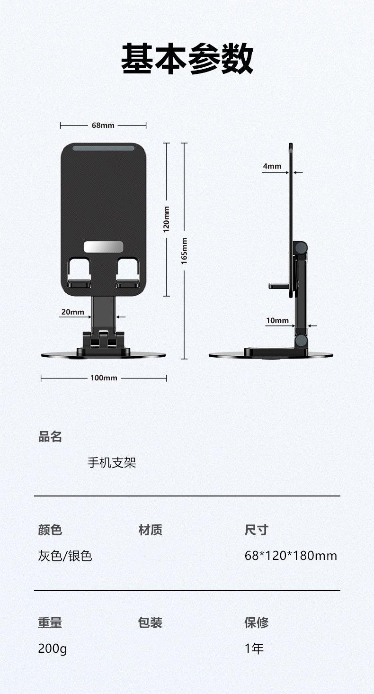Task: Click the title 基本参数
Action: coord(187,59)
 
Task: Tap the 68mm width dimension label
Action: coord(103,125)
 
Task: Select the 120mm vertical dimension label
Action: coord(166,219)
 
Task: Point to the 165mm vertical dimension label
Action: coord(184,251)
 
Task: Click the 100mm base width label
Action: coord(104,378)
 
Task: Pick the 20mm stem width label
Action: coord(72,312)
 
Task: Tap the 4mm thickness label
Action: coord(272,166)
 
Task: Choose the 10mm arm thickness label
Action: coord(277,321)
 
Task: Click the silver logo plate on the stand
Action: coord(103,246)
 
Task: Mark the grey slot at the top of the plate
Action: coord(103,148)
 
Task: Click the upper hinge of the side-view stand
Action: coord(300,248)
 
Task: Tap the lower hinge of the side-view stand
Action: coord(300,340)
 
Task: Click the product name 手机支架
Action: coord(112,462)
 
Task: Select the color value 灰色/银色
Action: coord(65,556)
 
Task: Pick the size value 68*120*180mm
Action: coord(291,556)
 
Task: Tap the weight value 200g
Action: coord(52,649)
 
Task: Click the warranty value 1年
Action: coord(254,649)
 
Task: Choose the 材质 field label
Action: coord(150,530)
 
